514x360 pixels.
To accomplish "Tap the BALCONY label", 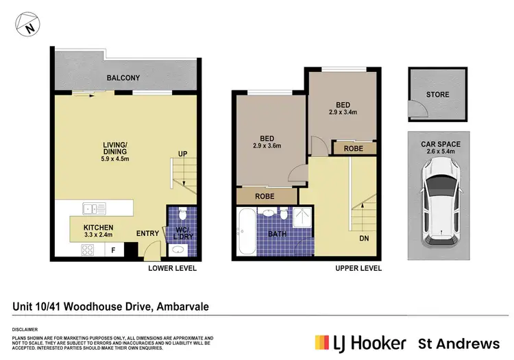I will click(x=123, y=78).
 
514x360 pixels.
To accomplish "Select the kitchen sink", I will click(x=91, y=208).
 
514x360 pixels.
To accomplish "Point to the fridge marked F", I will click(x=113, y=250).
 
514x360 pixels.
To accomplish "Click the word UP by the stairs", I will click(x=183, y=154).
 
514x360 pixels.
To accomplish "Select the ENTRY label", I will click(x=147, y=234).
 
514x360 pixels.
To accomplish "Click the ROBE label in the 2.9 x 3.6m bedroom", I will click(x=266, y=195).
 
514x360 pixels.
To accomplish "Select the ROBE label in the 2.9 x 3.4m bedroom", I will click(x=354, y=147).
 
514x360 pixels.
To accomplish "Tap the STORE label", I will click(x=437, y=95).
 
